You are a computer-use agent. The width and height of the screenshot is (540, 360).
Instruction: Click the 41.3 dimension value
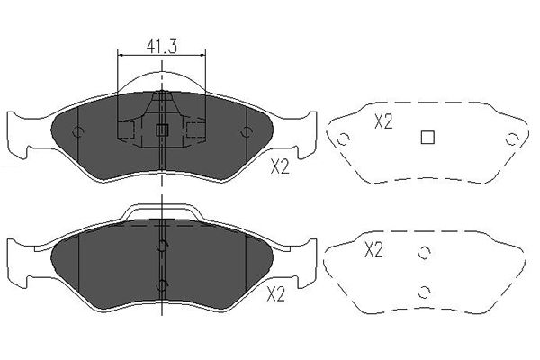click(161, 46)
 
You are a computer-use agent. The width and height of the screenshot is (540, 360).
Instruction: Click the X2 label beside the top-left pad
click(280, 167)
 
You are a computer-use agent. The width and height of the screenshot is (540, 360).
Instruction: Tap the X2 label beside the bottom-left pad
click(276, 294)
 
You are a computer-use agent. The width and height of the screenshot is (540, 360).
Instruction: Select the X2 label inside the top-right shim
click(383, 122)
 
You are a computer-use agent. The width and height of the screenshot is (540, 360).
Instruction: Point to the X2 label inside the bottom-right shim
click(373, 250)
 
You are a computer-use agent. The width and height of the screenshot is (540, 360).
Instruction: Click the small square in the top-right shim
click(427, 137)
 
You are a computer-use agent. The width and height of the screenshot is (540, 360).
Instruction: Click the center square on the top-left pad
click(161, 130)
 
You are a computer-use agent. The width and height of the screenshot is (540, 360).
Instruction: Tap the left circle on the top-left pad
click(78, 132)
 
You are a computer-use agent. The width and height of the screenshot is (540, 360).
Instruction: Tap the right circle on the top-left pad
click(247, 132)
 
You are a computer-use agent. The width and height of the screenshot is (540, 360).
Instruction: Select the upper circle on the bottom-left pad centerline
click(162, 247)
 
